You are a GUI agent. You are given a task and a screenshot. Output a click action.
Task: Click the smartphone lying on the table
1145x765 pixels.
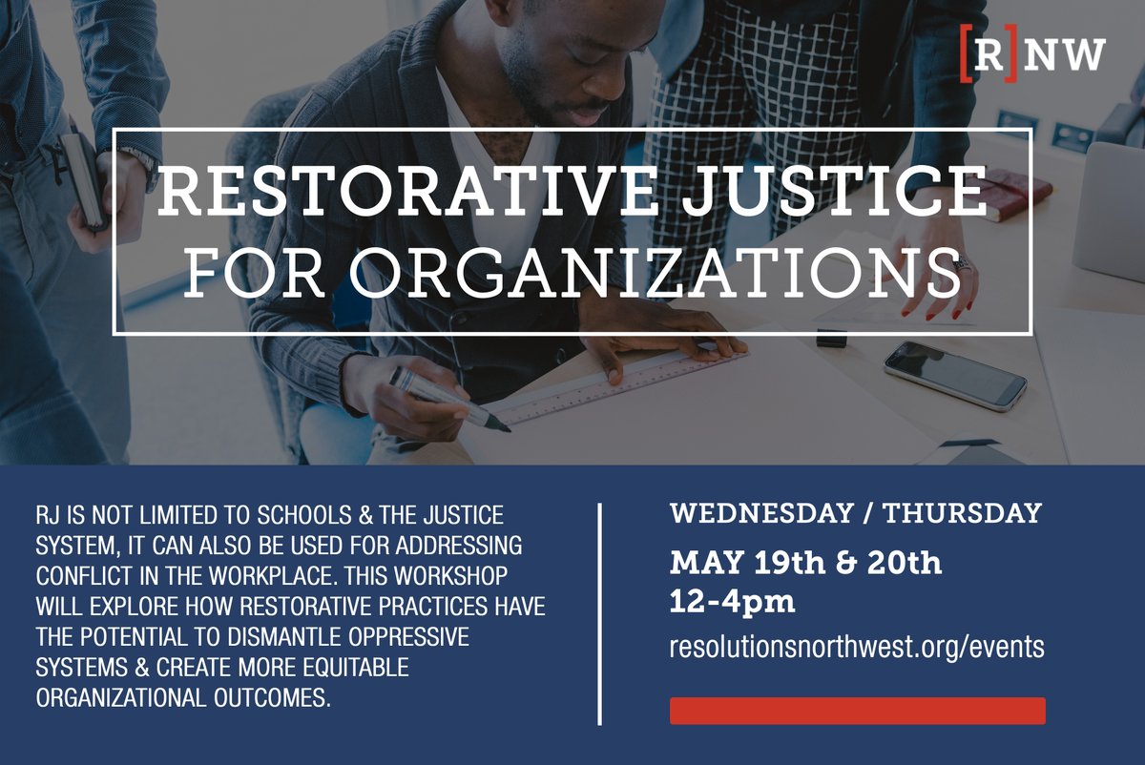tap(955, 375)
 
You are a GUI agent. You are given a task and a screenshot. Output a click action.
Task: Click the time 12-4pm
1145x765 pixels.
tap(733, 602)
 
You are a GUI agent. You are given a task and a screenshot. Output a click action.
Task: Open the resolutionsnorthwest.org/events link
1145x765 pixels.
tap(857, 648)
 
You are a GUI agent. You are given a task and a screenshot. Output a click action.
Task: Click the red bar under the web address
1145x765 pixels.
tap(857, 711)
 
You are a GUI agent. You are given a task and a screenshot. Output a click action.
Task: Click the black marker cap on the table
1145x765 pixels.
tap(831, 337)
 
